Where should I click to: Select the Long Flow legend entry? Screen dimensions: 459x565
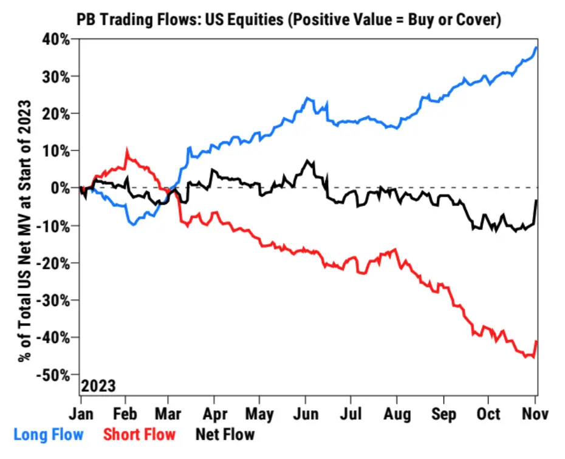tap(49, 435)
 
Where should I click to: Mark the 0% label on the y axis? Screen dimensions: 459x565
tap(63, 188)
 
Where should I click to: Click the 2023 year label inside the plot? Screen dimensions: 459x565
tap(98, 386)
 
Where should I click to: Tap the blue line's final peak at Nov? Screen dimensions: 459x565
tap(536, 47)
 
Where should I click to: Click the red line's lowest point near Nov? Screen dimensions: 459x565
tap(533, 357)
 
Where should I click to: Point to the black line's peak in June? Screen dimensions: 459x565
tap(309, 161)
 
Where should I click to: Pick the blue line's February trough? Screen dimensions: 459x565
tap(132, 225)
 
